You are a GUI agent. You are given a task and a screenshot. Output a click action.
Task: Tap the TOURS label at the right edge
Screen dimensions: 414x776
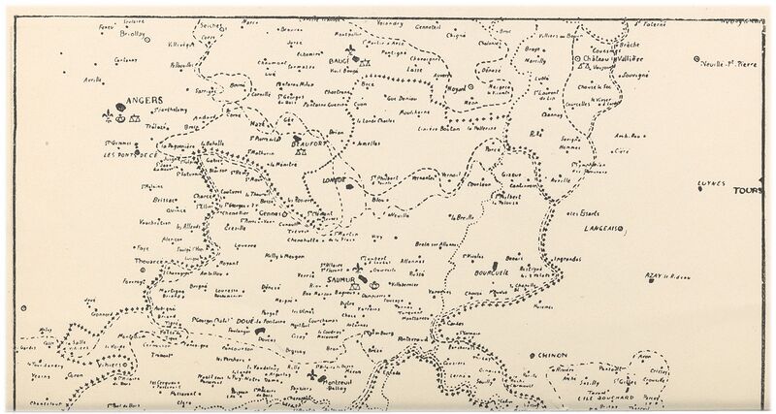[749, 191]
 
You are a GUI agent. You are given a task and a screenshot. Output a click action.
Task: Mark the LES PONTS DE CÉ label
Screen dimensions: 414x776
[129, 154]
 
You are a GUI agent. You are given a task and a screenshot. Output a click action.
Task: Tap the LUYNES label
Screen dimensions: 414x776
[712, 182]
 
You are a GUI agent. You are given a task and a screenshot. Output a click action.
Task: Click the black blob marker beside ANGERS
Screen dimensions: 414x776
[119, 107]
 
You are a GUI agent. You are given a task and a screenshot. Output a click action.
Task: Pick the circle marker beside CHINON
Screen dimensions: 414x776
[533, 357]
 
